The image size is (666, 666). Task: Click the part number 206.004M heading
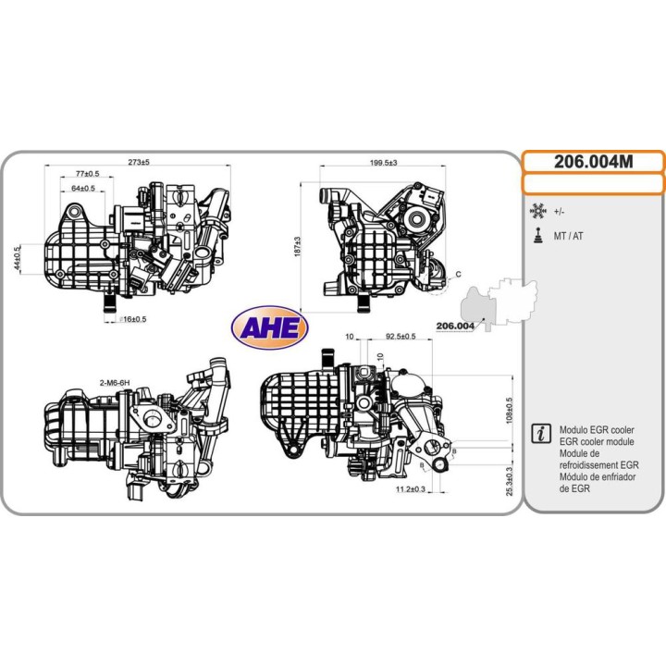[593, 162]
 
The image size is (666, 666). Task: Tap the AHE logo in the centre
[270, 327]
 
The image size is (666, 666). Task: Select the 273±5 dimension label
[139, 162]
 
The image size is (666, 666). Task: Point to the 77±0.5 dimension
[88, 173]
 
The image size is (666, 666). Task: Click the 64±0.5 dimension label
[83, 188]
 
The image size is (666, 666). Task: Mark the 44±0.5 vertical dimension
[17, 259]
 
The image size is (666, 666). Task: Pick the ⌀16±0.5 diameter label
[133, 319]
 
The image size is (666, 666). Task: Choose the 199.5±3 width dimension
[384, 163]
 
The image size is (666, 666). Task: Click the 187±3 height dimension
[297, 247]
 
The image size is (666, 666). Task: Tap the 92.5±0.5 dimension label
[401, 337]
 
